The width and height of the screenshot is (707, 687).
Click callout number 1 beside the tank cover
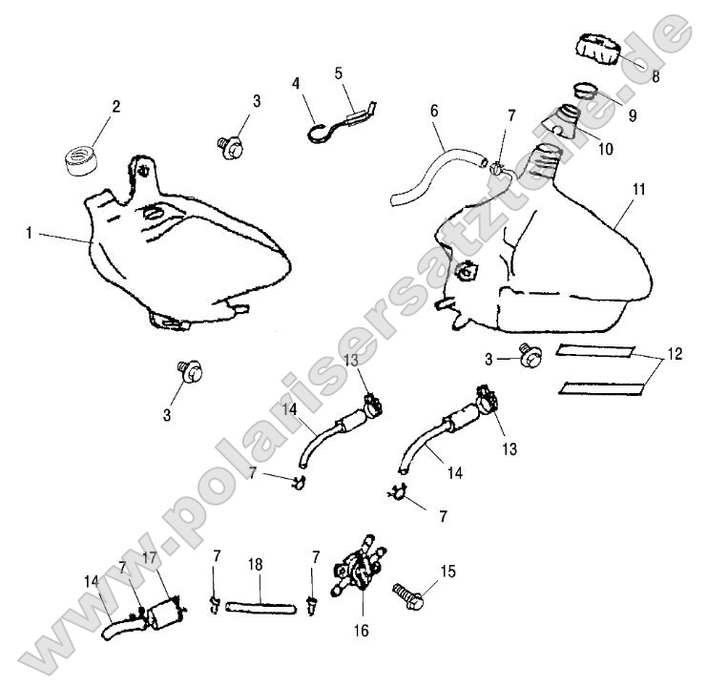click(x=30, y=232)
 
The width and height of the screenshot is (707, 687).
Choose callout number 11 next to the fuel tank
click(x=638, y=189)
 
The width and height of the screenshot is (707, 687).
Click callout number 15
click(x=448, y=572)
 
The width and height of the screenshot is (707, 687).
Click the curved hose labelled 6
click(x=429, y=171)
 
